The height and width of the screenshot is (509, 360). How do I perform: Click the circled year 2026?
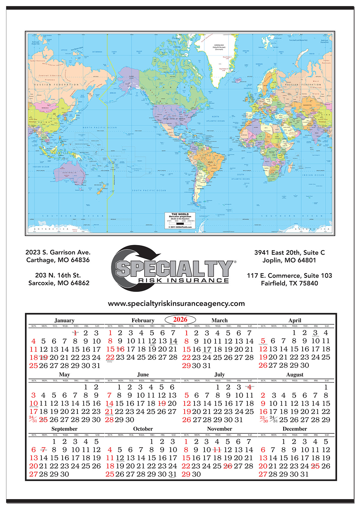pos(180,319)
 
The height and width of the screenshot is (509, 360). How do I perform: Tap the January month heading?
pos(64,320)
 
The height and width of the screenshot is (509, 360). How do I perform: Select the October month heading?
pos(143,429)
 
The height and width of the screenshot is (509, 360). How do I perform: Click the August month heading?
pos(295,375)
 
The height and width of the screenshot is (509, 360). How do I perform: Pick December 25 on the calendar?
pos(315,466)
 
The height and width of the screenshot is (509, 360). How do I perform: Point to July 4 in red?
pos(249,387)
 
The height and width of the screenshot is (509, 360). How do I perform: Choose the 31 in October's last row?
pos(172,474)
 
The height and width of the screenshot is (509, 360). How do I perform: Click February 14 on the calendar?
pos(173,341)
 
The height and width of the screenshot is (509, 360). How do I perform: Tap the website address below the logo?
pos(176,304)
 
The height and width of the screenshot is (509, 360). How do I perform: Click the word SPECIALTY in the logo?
pos(174,268)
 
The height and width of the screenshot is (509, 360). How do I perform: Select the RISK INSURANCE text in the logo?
pos(184,280)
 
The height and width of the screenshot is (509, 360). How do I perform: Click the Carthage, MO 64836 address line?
pos(58,260)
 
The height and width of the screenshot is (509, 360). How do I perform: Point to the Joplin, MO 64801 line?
pos(289,260)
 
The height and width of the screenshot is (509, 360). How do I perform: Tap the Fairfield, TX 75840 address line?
pos(289,283)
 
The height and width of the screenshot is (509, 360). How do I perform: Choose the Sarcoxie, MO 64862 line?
pos(59,283)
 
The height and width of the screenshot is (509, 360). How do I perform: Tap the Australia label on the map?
pos(69,173)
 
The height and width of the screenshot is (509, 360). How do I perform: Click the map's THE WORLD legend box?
pos(180,221)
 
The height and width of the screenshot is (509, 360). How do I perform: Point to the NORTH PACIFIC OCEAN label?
pos(100,127)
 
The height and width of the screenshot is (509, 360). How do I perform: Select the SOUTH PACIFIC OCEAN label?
pos(149,190)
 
